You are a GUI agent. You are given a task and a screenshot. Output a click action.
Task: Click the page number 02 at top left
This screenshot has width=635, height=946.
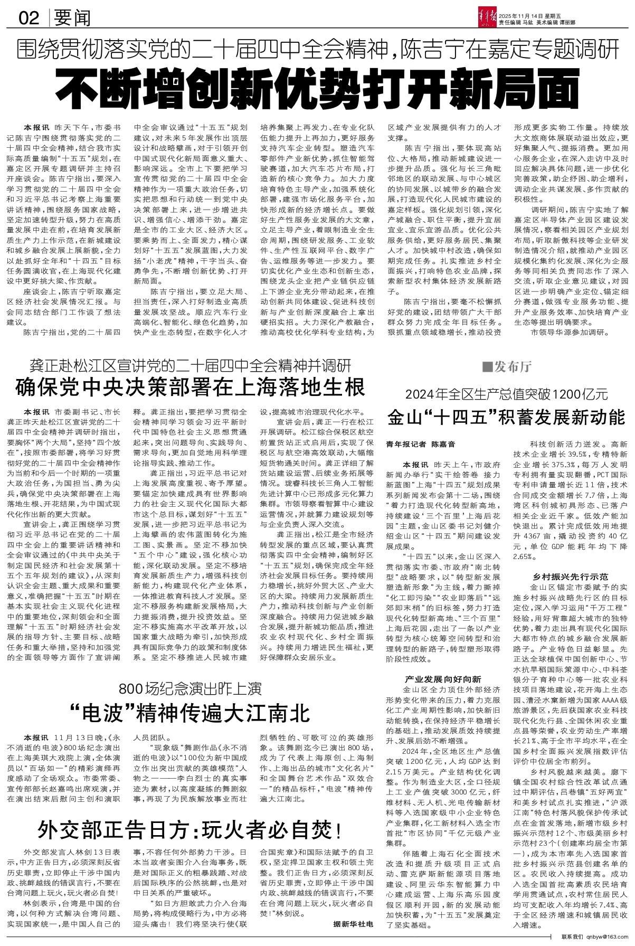(30, 18)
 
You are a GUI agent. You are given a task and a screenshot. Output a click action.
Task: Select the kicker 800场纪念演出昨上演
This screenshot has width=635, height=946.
(191, 688)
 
